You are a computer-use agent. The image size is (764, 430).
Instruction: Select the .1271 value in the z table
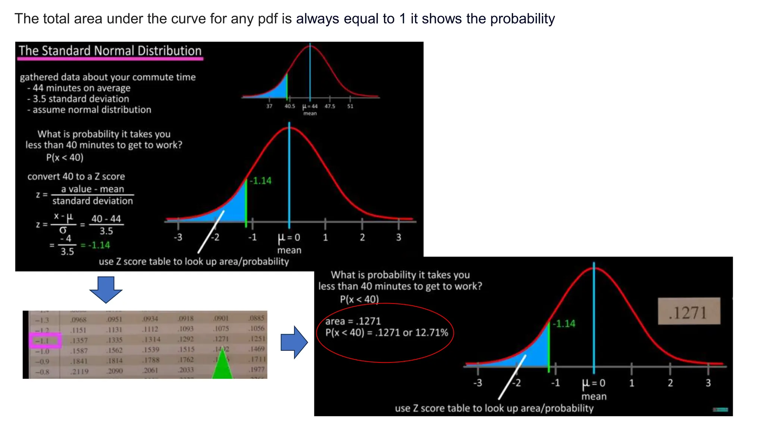(221, 339)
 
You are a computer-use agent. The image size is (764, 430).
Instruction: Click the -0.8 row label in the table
(42, 372)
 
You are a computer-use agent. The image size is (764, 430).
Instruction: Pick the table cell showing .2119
(79, 372)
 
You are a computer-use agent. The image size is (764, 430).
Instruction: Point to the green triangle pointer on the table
(222, 366)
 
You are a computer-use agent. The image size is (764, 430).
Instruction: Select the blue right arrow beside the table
(294, 342)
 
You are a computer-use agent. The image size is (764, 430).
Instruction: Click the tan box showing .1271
(689, 311)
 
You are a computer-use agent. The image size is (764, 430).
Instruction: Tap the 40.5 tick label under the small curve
(289, 106)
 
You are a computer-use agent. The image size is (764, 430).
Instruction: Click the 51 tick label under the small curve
(350, 106)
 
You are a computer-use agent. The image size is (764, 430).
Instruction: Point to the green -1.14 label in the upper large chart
(260, 181)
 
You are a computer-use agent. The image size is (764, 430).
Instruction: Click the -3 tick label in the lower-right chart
(477, 383)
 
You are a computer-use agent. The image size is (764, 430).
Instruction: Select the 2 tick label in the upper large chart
(362, 237)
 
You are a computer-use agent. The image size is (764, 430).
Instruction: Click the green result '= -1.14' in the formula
(95, 245)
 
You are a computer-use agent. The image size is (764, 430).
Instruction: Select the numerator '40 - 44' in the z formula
(106, 219)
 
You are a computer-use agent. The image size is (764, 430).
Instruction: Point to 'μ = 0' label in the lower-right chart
(594, 383)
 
